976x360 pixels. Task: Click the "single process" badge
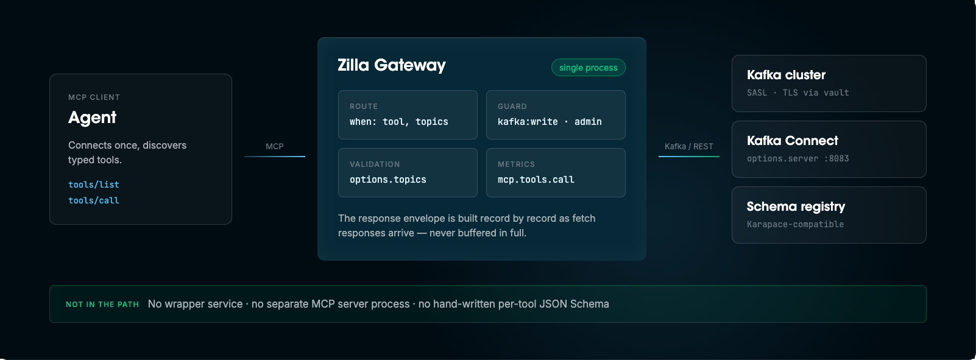[x=588, y=68]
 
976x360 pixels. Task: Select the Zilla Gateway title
[x=392, y=65]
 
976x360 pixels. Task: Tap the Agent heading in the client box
[x=92, y=117]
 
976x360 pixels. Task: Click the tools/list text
[x=94, y=185]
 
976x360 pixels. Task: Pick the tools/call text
[x=94, y=200]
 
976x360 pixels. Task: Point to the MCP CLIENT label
[x=94, y=97]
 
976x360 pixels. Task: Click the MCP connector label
[x=275, y=146]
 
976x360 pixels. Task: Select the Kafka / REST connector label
[x=689, y=146]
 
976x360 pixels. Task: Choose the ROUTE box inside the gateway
[x=408, y=115]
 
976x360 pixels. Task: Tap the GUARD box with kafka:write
[x=556, y=115]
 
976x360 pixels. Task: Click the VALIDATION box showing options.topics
[x=408, y=172]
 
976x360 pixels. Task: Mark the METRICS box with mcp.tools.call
[x=556, y=172]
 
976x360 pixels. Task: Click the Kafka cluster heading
[x=786, y=75]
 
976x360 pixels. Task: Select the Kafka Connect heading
[x=793, y=141]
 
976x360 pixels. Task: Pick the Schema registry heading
[x=796, y=206]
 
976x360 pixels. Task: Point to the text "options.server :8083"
[x=797, y=158]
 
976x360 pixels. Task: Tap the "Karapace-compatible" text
[x=796, y=224]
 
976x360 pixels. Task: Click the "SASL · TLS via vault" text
[x=797, y=93]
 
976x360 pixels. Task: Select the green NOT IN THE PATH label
[x=102, y=304]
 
